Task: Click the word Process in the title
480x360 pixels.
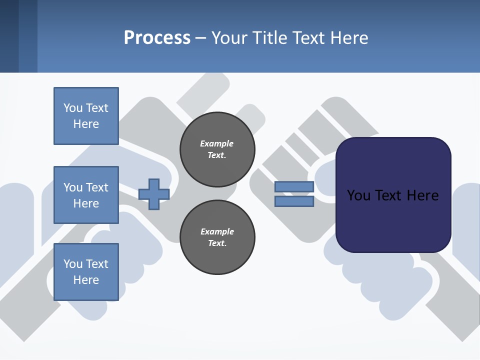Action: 157,38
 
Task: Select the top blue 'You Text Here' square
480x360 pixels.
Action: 86,116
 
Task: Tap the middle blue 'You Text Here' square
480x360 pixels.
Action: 86,195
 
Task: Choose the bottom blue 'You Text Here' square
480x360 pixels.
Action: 86,271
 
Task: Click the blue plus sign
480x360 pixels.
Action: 154,194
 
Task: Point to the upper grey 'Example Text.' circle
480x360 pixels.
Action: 217,149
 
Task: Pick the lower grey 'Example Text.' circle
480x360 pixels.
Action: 217,237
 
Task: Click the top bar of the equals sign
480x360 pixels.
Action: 294,187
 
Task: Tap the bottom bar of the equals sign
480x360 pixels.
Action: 294,201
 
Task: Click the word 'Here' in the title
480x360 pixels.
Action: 348,38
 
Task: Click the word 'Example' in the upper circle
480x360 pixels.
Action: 217,143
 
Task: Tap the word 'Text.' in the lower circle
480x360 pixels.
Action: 217,243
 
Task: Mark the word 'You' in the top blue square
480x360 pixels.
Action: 72,108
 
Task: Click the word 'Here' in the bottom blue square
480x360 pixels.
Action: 86,280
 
